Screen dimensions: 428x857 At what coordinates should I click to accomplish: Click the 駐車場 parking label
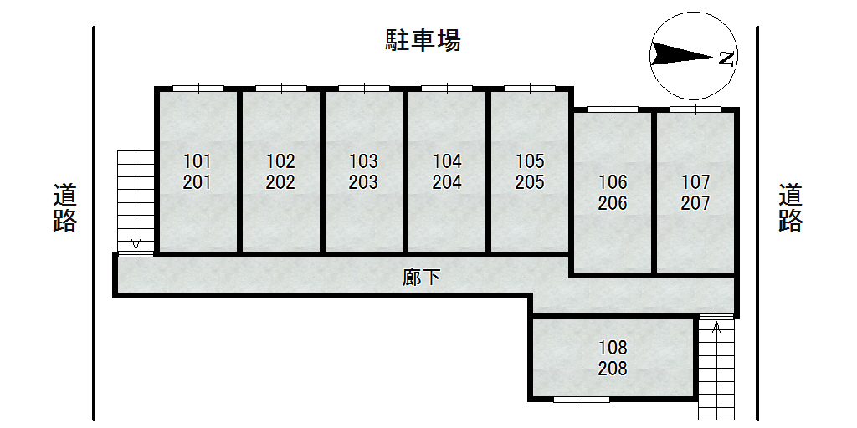pos(423,40)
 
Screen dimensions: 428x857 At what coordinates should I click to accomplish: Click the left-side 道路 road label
pos(65,207)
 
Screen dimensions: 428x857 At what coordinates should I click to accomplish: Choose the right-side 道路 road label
pos(790,207)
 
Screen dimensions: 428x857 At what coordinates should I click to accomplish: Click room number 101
pos(198,160)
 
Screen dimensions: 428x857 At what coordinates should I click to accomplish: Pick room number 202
pos(280,182)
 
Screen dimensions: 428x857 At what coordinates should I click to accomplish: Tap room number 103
pos(363,160)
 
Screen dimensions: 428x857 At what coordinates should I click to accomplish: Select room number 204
pos(447,182)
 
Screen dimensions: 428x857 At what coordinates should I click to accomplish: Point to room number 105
pos(530,160)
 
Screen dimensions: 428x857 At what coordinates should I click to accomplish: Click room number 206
pos(613,203)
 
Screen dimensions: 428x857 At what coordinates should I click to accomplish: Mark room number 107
pos(695,181)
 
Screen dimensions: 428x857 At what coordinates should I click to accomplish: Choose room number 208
pos(613,368)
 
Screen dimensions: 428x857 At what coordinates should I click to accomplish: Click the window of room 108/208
pos(582,400)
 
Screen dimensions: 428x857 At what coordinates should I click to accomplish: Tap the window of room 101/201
pos(198,88)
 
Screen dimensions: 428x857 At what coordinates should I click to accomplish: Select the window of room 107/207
pos(695,109)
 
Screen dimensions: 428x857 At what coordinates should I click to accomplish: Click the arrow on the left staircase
pos(136,245)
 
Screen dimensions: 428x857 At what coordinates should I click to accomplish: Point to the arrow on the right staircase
pos(716,325)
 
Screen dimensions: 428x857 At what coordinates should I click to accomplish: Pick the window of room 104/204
pos(447,88)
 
